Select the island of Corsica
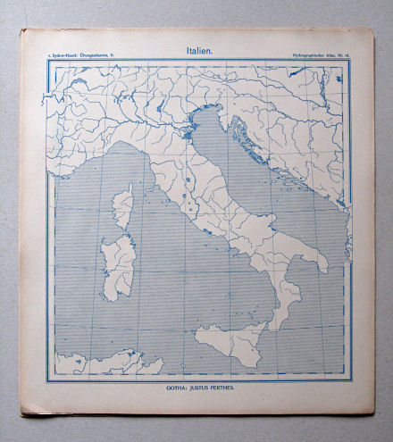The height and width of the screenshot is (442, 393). (x=122, y=204)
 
